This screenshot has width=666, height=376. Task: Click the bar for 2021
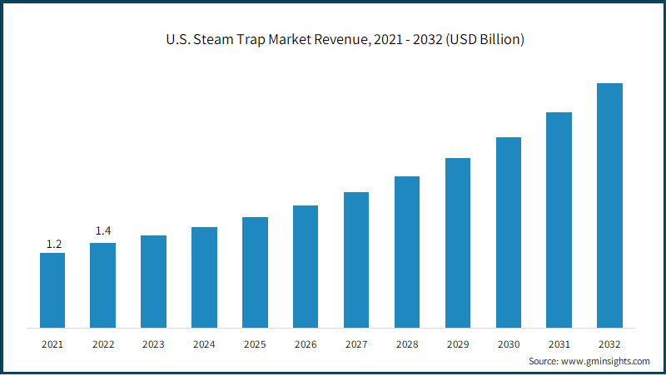pyautogui.click(x=52, y=290)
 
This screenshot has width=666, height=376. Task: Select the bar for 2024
pyautogui.click(x=204, y=278)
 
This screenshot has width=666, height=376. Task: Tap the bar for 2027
pyautogui.click(x=356, y=260)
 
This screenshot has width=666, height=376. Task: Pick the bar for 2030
pyautogui.click(x=509, y=233)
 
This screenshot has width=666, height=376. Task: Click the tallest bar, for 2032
pyautogui.click(x=609, y=205)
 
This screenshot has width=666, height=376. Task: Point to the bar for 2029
pyautogui.click(x=458, y=243)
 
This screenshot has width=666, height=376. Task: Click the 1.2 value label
pyautogui.click(x=54, y=244)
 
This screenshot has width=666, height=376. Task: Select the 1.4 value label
pyautogui.click(x=103, y=230)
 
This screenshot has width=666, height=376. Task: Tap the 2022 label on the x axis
pyautogui.click(x=103, y=344)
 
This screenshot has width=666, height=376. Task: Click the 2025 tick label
pyautogui.click(x=255, y=344)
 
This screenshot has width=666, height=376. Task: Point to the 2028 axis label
pyautogui.click(x=407, y=344)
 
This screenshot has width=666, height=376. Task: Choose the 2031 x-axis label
pyautogui.click(x=559, y=344)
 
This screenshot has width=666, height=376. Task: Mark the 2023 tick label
pyautogui.click(x=153, y=344)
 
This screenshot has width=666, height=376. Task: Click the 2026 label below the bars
pyautogui.click(x=306, y=344)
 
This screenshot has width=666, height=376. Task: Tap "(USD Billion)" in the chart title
pyautogui.click(x=485, y=39)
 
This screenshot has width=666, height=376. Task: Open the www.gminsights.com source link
pyautogui.click(x=605, y=361)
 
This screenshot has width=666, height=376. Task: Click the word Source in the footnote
pyautogui.click(x=544, y=361)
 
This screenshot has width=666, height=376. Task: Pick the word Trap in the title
pyautogui.click(x=251, y=40)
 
